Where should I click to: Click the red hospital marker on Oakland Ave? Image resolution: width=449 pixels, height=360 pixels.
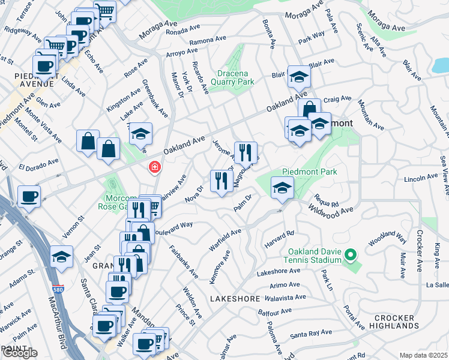[x=154, y=166]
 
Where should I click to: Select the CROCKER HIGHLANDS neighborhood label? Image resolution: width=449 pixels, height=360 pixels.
[x=394, y=322]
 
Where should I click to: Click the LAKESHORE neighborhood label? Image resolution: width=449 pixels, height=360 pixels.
[x=234, y=298]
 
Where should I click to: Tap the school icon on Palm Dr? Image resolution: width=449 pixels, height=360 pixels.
[x=282, y=188]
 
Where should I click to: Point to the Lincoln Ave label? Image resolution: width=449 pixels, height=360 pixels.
[x=421, y=178]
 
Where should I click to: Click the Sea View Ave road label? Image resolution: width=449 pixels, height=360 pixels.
[x=443, y=174]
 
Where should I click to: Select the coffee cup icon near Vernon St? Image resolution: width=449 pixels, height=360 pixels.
[x=29, y=196]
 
